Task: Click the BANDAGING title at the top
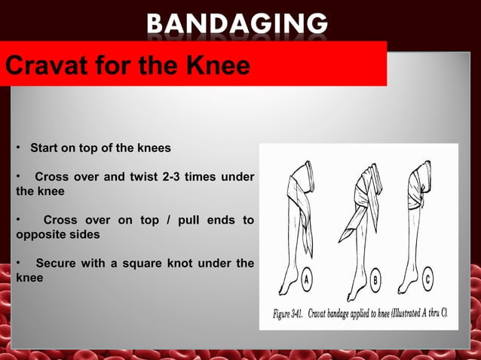coord(237,24)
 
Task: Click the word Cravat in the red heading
coord(46,66)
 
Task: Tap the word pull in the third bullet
coord(194,221)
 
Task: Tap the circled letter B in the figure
coord(375,282)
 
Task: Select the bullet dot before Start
coord(17,147)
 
